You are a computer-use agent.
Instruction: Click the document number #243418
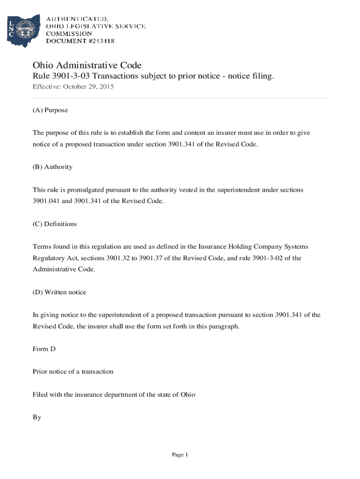pyautogui.click(x=97, y=41)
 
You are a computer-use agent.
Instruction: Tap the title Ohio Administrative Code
pyautogui.click(x=86, y=65)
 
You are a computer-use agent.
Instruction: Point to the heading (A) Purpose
pyautogui.click(x=50, y=110)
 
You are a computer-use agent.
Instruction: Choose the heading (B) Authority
pyautogui.click(x=52, y=167)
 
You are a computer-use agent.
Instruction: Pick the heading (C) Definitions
pyautogui.click(x=54, y=224)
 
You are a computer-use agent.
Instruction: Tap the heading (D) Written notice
pyautogui.click(x=59, y=292)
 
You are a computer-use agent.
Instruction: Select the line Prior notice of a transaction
pyautogui.click(x=73, y=372)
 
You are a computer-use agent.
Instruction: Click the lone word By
pyautogui.click(x=37, y=417)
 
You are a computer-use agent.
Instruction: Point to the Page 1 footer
pyautogui.click(x=180, y=455)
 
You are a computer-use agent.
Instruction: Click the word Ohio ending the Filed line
pyautogui.click(x=187, y=395)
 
